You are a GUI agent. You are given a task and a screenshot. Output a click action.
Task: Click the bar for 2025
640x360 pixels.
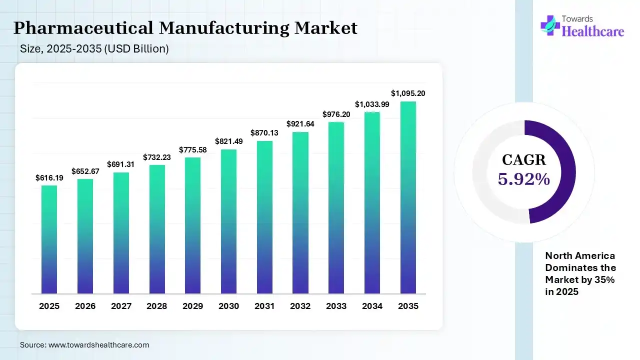49,239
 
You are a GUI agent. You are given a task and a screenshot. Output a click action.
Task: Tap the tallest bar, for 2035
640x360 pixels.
408,197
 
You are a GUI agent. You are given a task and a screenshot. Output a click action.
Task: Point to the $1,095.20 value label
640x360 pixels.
408,93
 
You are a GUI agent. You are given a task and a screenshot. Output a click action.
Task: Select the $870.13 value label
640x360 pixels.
264,133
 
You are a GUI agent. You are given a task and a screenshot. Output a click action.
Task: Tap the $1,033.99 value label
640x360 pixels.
372,104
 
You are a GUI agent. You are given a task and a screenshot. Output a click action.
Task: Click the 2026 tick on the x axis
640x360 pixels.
85,306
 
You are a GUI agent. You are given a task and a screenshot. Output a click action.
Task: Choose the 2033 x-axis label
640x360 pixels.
336,306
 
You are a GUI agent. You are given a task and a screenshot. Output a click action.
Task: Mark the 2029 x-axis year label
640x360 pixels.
192,306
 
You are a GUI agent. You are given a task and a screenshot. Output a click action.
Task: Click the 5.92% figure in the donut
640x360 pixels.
524,179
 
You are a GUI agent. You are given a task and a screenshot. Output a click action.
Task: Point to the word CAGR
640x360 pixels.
524,160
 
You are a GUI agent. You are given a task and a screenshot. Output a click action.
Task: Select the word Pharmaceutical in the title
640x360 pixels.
83,28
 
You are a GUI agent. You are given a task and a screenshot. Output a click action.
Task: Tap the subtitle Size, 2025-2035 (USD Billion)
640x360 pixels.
94,49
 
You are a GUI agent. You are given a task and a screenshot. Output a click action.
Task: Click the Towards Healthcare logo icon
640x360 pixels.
550,25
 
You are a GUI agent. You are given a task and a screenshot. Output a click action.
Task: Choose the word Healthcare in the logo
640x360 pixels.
593,31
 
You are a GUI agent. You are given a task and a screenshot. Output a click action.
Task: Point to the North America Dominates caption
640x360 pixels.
580,273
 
